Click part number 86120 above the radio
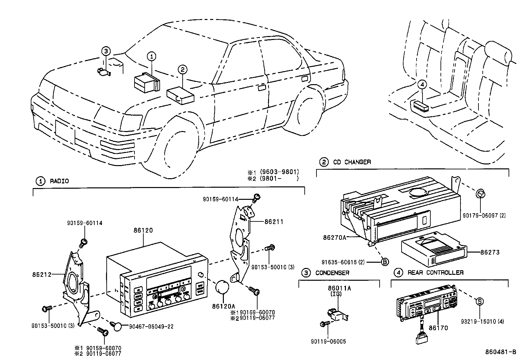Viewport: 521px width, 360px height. point(143,231)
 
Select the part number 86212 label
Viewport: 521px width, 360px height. point(42,275)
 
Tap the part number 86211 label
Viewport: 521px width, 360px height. point(274,222)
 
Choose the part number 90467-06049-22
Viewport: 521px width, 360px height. point(151,327)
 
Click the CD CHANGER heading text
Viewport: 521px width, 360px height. point(352,162)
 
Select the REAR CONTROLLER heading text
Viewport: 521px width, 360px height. point(435,273)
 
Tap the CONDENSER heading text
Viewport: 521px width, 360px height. point(332,273)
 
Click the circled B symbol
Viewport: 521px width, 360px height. point(385,262)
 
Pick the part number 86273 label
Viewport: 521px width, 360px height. point(490,253)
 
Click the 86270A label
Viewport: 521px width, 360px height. point(334,237)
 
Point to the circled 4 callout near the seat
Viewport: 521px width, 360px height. point(422,84)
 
